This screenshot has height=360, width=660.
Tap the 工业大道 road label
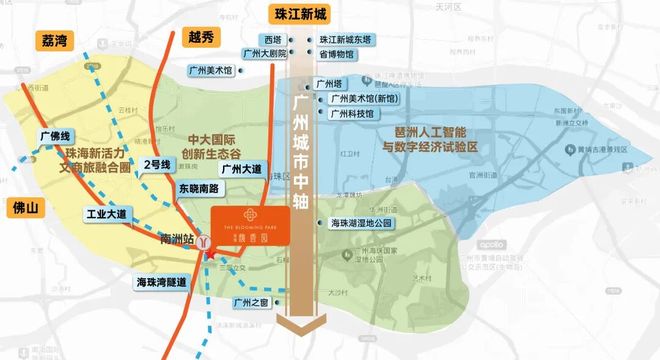pyautogui.click(x=106, y=214)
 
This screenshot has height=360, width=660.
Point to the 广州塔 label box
pyautogui.click(x=329, y=85)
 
